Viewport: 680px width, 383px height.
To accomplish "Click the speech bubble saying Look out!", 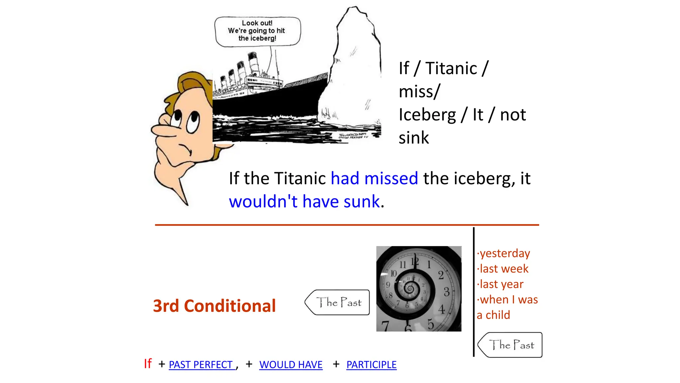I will click(257, 31).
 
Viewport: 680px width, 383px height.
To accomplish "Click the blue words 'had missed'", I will click(374, 179).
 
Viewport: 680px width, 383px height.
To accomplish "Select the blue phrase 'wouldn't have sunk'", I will click(304, 202).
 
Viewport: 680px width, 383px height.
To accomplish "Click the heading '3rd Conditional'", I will click(214, 306).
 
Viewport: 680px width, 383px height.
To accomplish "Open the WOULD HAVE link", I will click(291, 365).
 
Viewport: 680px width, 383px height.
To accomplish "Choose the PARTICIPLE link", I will click(371, 365).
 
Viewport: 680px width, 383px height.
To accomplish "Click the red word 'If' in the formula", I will click(148, 364).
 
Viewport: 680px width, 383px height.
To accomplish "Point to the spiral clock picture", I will click(419, 289).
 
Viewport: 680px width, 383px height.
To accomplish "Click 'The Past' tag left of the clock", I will click(338, 302).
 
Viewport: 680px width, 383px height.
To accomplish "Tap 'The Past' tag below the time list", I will click(511, 345).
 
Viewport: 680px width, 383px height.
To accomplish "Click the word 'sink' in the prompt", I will click(414, 138).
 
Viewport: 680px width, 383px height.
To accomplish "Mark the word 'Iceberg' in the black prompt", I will click(427, 115).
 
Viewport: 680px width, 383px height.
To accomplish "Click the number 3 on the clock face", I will click(447, 292).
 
